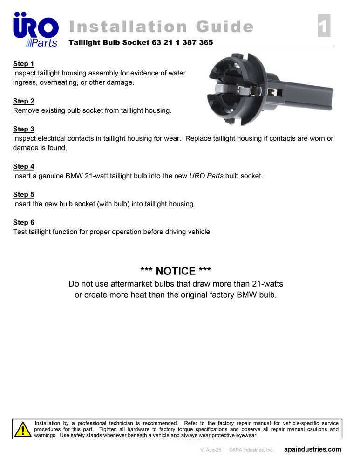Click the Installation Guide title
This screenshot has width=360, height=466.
(161, 27)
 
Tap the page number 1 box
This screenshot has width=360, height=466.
(324, 26)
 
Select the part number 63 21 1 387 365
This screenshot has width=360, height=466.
(182, 42)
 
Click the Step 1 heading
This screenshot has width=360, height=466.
(23, 64)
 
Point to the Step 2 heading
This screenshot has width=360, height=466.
(23, 101)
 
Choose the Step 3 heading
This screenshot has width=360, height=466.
(23, 129)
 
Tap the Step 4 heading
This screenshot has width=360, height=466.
(23, 166)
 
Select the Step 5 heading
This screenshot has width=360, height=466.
(23, 194)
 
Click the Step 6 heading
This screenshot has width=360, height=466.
(23, 222)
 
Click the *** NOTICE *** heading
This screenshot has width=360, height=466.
(176, 271)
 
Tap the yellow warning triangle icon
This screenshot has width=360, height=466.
(22, 429)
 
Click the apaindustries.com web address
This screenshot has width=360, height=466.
(312, 450)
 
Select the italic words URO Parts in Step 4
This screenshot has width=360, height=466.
(206, 176)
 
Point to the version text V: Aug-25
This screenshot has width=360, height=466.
(211, 450)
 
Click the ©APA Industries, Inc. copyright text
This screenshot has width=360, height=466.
(251, 450)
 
